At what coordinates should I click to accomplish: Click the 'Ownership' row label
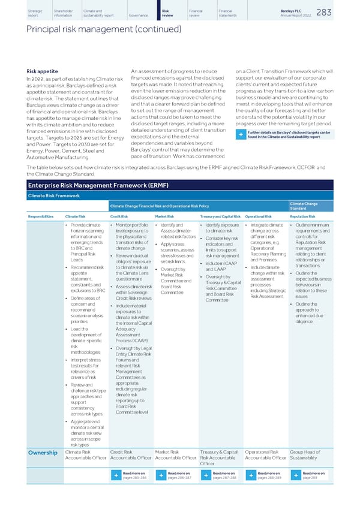(42, 453)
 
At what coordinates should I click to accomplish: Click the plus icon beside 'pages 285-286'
(114, 475)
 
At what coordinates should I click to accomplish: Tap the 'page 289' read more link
(310, 477)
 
